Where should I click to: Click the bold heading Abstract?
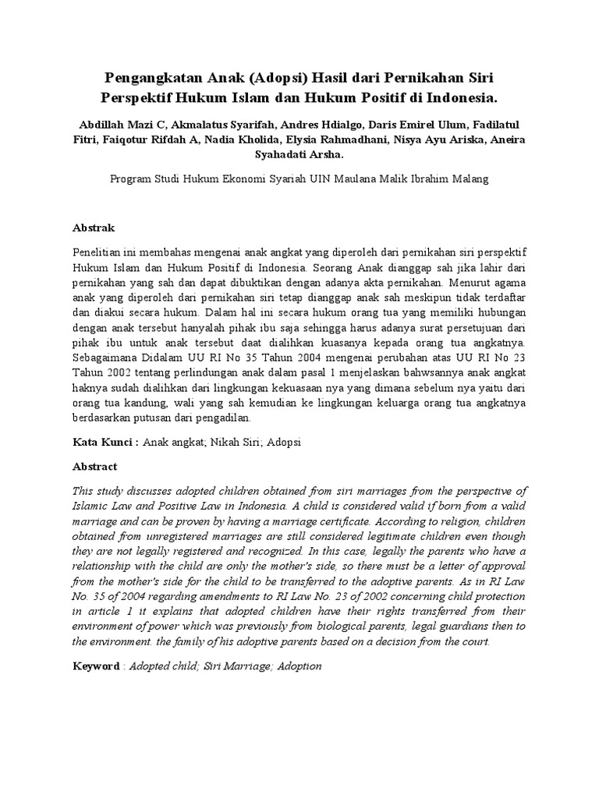[x=94, y=466]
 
